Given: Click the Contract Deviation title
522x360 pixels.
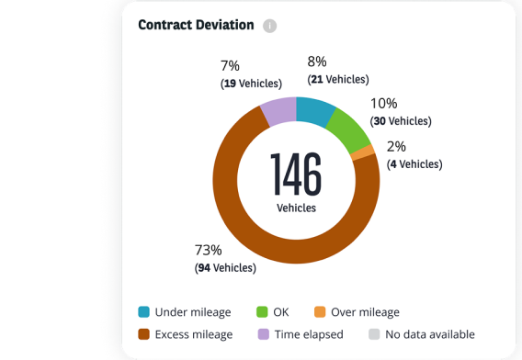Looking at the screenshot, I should coord(196,25).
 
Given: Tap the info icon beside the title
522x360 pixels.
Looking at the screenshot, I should coord(269,26).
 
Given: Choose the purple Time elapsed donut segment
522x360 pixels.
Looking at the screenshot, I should coord(278,111).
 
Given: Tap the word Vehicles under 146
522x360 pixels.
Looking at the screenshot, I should coord(296,208).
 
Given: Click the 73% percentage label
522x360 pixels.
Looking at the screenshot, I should coord(208,250).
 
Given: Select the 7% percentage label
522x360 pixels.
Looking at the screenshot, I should coord(230,65).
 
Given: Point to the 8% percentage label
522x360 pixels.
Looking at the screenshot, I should coord(317,62).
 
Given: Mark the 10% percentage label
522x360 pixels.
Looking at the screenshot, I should coord(383,104).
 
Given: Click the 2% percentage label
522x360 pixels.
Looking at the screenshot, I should coord(396,147).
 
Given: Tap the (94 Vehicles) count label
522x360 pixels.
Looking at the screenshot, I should coord(225,267).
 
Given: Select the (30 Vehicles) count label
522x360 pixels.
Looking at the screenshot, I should coord(401,121).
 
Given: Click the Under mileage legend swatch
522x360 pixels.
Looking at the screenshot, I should coord(144,312).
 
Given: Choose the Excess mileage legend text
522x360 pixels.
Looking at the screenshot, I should coord(194,334).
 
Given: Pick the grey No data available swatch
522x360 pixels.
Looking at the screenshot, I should coord(373,334).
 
